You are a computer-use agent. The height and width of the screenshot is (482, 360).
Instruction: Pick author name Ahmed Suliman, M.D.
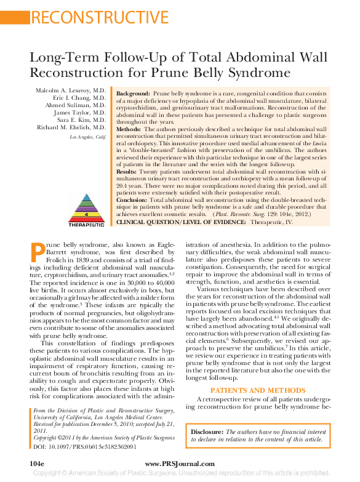pos(76,105)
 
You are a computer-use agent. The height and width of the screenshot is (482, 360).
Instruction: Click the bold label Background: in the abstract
pos(133,92)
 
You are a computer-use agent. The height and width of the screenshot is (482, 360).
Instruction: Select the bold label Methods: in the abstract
pos(129,130)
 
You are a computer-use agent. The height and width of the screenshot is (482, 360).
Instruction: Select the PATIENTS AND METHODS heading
pos(252,390)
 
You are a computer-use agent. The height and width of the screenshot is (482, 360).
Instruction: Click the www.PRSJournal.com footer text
pos(180,464)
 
